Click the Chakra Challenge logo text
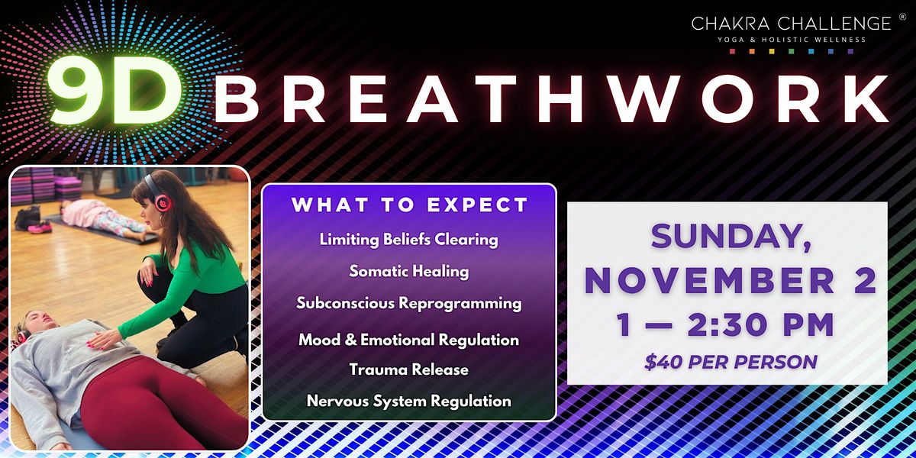click(791, 24)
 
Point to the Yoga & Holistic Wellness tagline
click(791, 40)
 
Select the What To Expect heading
click(409, 205)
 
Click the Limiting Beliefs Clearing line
click(409, 239)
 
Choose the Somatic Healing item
click(409, 271)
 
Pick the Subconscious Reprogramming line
click(409, 303)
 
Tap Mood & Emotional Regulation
click(409, 340)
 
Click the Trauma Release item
click(409, 369)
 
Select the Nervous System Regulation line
click(409, 400)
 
